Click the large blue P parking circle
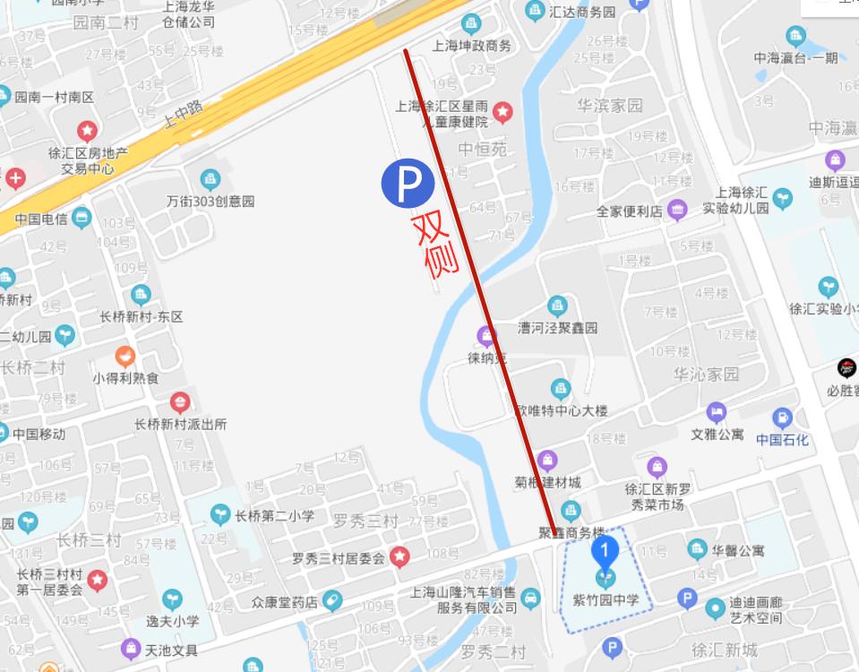tap(408, 183)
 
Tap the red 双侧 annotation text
tap(435, 244)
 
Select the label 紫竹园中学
tap(606, 599)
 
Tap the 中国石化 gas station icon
tap(782, 418)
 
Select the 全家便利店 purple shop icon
tap(677, 211)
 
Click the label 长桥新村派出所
tap(180, 424)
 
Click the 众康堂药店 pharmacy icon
tap(332, 600)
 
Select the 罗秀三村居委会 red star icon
tap(400, 557)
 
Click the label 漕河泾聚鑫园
tap(557, 327)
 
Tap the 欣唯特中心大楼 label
tap(561, 410)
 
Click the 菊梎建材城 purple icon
tap(547, 461)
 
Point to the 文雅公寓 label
tap(717, 435)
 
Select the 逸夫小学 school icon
tap(171, 599)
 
